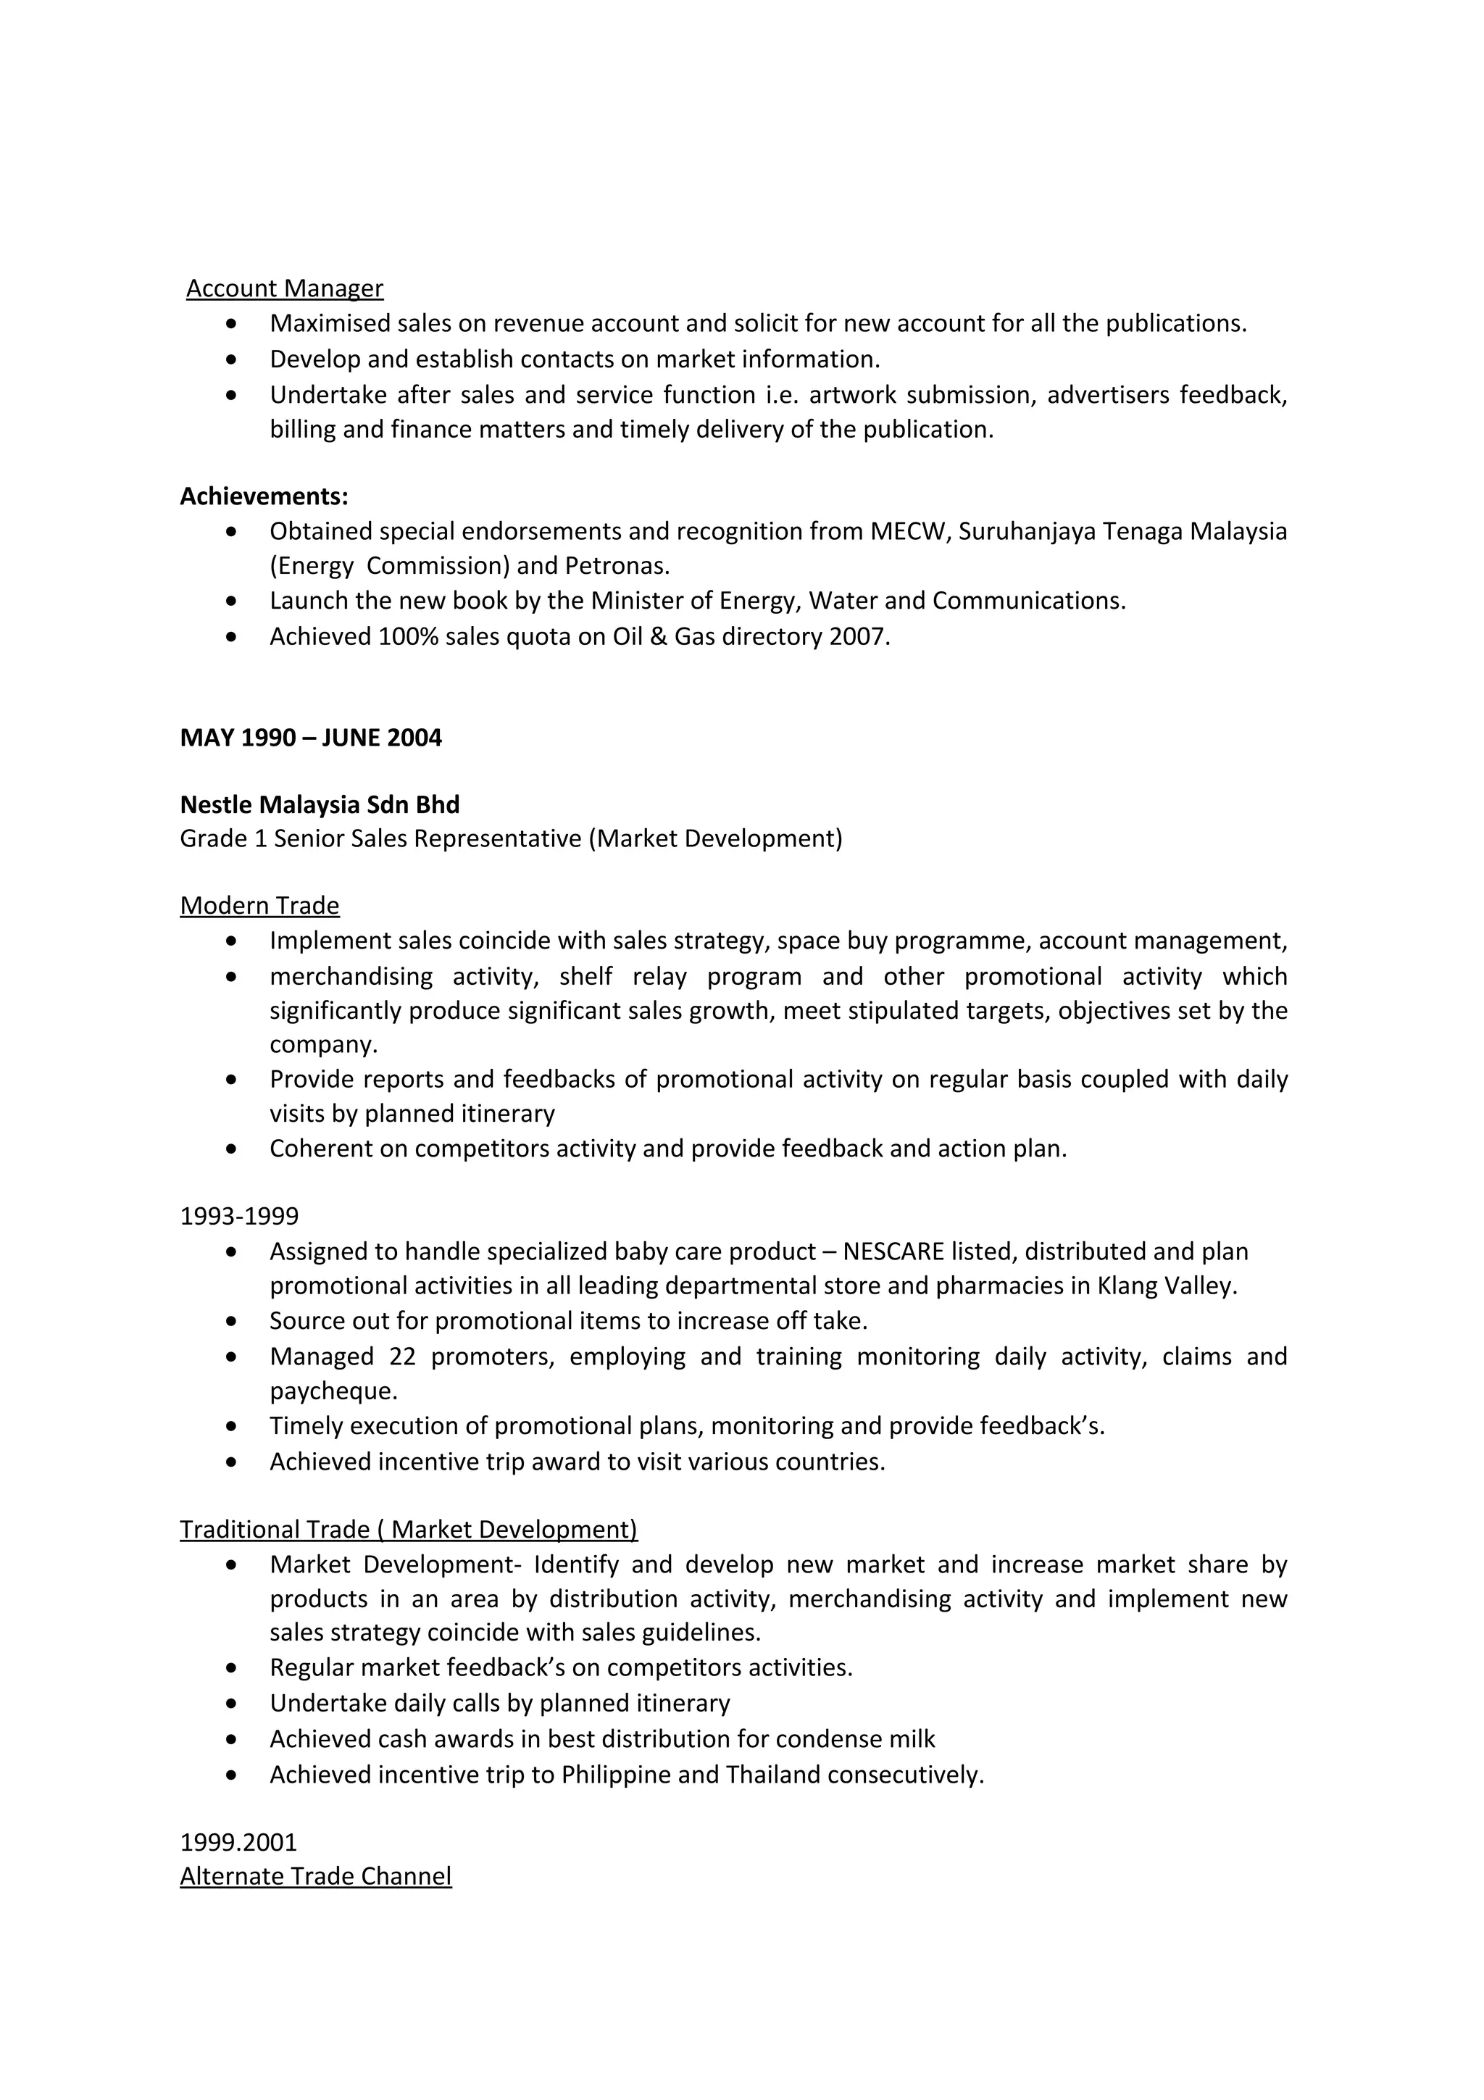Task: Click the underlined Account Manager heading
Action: (284, 288)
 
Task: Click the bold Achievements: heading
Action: (263, 496)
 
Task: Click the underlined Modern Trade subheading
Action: (259, 906)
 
